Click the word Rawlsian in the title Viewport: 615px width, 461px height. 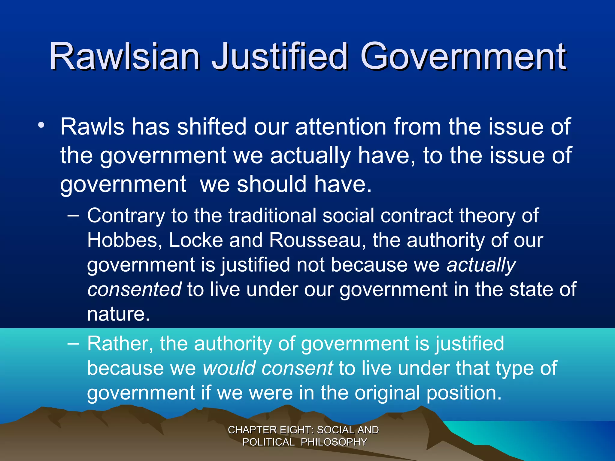125,56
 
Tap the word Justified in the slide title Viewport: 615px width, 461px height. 280,56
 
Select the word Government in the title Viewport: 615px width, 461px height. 463,56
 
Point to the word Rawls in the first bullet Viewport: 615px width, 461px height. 92,127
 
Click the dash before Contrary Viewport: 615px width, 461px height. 73,215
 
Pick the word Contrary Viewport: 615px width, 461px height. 126,216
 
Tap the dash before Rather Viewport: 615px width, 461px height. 73,343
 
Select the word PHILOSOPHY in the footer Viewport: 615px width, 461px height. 334,442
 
